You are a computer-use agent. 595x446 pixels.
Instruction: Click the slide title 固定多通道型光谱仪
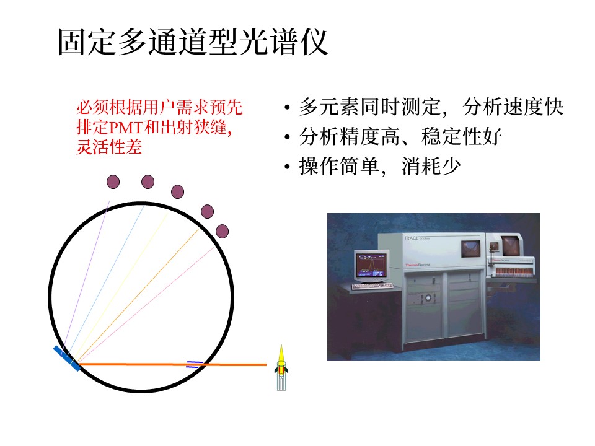click(193, 42)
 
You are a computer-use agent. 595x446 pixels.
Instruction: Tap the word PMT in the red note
click(125, 128)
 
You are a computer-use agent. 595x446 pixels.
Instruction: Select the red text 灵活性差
click(109, 147)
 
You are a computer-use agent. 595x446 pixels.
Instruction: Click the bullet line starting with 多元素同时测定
click(431, 107)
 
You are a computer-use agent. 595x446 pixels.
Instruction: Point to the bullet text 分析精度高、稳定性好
click(400, 136)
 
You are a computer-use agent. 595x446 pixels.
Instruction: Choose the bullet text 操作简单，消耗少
click(380, 166)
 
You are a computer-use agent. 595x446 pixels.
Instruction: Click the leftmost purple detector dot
click(113, 182)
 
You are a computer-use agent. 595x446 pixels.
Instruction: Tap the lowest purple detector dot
click(222, 231)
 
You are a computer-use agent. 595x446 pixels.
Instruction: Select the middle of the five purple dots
click(178, 192)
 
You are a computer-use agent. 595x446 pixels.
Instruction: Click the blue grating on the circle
click(67, 359)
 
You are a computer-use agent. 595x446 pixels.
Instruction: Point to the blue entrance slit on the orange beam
click(195, 364)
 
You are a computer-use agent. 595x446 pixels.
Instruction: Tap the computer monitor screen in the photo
click(371, 266)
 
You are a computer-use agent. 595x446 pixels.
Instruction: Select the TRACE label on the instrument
click(412, 238)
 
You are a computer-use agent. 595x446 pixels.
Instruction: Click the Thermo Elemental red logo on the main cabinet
click(418, 265)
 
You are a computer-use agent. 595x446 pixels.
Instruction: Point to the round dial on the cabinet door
click(428, 298)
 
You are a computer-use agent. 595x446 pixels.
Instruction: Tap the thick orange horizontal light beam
click(173, 364)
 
